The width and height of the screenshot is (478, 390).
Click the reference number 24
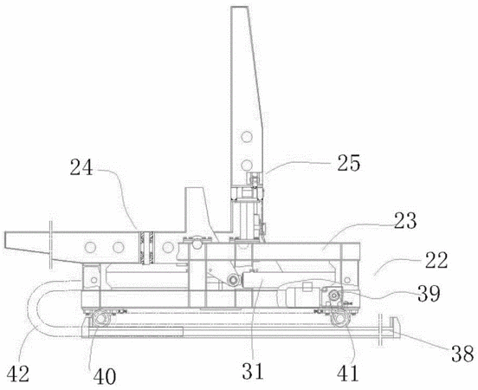click(x=81, y=167)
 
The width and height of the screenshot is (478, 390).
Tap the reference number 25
click(x=348, y=163)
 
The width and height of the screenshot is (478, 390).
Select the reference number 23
click(x=405, y=221)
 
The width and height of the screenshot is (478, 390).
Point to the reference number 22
click(x=436, y=260)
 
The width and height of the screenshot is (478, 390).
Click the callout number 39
click(x=429, y=293)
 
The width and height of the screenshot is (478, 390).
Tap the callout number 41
click(x=348, y=374)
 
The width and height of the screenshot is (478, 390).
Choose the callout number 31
click(x=253, y=371)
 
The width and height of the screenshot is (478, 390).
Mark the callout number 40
click(x=105, y=376)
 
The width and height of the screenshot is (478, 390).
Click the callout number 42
click(x=18, y=374)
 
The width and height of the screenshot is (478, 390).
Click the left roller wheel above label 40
click(x=100, y=319)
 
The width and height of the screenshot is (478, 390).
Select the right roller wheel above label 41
click(x=339, y=319)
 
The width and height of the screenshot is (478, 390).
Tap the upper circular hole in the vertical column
click(x=247, y=136)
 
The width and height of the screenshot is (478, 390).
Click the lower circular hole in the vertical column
click(x=247, y=165)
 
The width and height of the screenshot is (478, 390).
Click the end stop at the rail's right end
click(x=394, y=328)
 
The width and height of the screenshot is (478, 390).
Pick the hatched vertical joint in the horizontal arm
click(x=146, y=248)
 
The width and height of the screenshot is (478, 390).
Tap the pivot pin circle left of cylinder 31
click(x=234, y=280)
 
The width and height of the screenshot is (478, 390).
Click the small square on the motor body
click(x=307, y=287)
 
